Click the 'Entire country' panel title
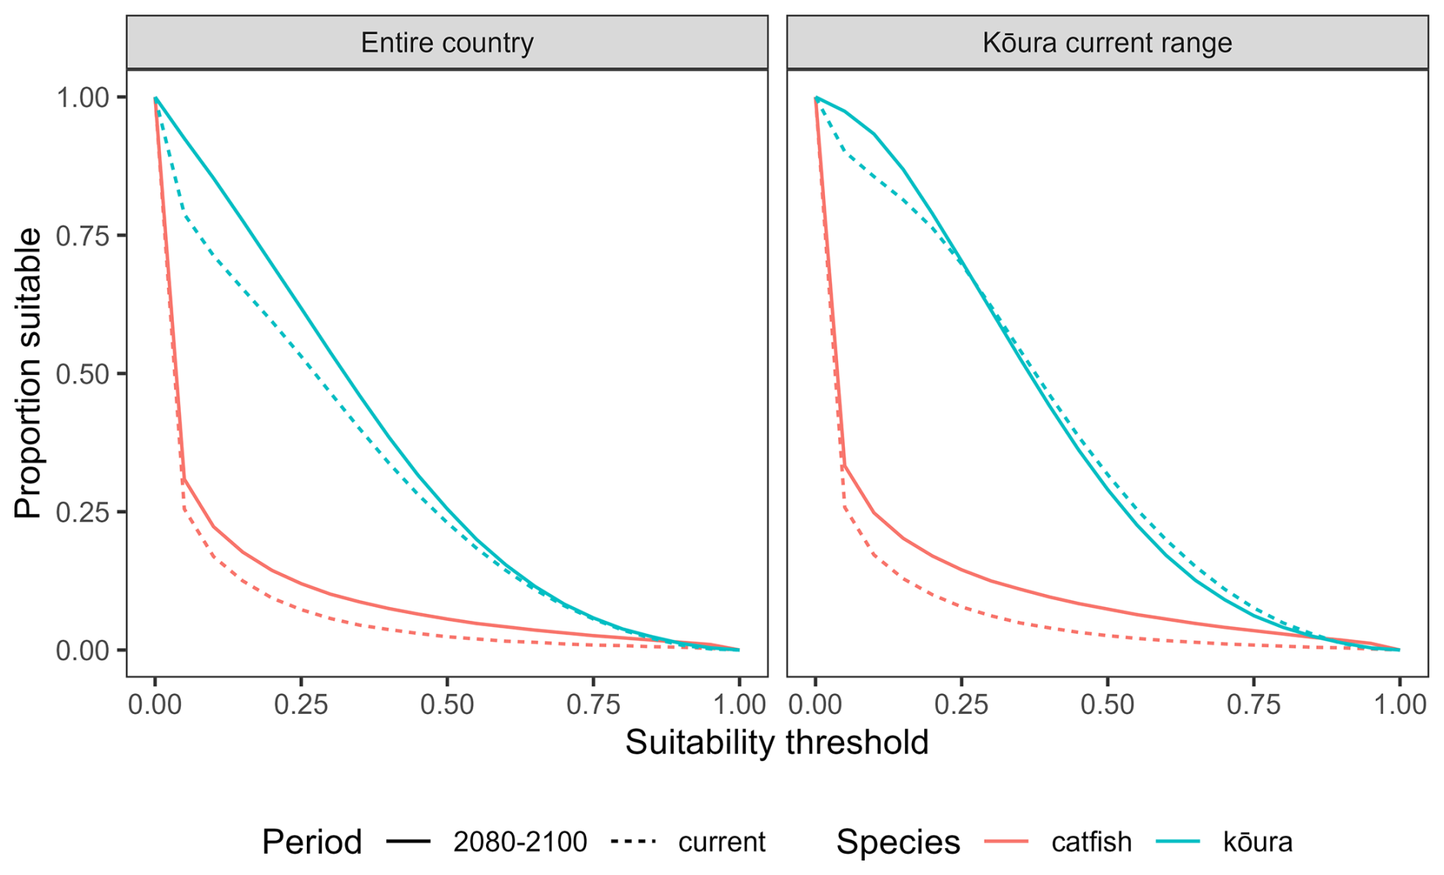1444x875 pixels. (446, 43)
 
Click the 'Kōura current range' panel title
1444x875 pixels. (1107, 43)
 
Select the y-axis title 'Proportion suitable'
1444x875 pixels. (28, 373)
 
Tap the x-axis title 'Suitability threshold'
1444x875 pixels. (777, 743)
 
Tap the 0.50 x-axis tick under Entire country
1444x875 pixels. (447, 705)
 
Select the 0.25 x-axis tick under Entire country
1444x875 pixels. (301, 705)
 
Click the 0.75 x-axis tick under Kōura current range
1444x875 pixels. (1253, 705)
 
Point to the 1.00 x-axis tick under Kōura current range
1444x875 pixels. (1399, 705)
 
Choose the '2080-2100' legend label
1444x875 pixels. (520, 842)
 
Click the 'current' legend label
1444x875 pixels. (721, 842)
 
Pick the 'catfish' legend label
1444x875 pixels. (1091, 842)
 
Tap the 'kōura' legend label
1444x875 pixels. (1258, 842)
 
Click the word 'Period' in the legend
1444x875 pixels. (311, 842)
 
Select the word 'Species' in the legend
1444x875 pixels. (898, 842)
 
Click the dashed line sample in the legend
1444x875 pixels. (633, 842)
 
